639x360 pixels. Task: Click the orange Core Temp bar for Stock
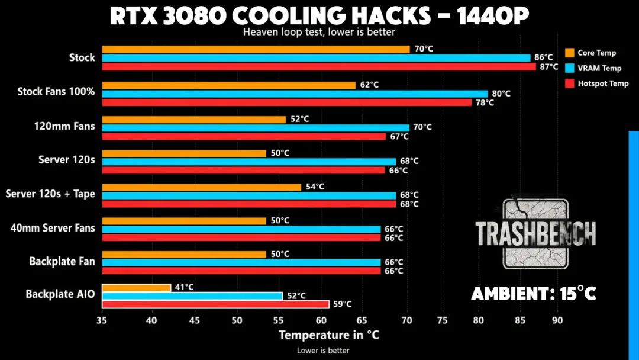coord(256,49)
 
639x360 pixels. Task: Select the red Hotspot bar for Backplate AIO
coord(215,304)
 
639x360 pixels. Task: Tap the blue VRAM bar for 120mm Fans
coord(256,128)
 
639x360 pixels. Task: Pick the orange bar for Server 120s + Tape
coord(201,187)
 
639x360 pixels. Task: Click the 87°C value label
coord(549,66)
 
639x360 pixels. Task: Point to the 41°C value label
coord(184,287)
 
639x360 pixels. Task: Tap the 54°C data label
coord(315,187)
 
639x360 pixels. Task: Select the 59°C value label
coord(343,304)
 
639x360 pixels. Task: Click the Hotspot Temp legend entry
coord(597,83)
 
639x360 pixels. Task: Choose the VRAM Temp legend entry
coord(593,68)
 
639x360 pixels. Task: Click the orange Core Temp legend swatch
coord(570,53)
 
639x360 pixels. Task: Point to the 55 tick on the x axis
coord(278,320)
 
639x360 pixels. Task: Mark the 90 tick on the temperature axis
coord(557,320)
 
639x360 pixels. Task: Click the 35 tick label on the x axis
coord(102,320)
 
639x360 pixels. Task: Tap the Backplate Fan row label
coord(62,261)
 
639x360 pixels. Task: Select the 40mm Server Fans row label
coord(53,228)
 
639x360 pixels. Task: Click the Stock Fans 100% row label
coord(56,91)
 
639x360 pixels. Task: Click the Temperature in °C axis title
coord(329,335)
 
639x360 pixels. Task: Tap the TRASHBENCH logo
coord(535,233)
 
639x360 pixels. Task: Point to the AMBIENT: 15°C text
coord(534,294)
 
